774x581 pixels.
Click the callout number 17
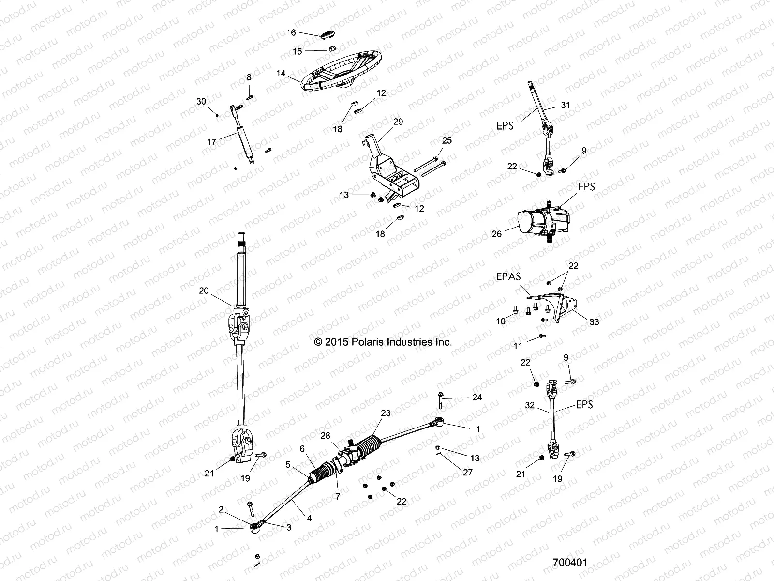click(x=211, y=142)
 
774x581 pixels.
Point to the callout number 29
click(x=398, y=122)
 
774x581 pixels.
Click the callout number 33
click(x=594, y=321)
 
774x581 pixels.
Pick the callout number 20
click(x=204, y=290)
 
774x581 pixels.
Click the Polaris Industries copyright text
click(x=383, y=342)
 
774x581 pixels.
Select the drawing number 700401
click(x=570, y=563)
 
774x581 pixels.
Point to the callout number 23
click(x=386, y=413)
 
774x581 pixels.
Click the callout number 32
click(x=530, y=405)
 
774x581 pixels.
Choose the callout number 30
click(x=201, y=101)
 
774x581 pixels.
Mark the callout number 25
click(x=447, y=140)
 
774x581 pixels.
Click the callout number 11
click(x=518, y=346)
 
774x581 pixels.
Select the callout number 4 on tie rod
click(x=309, y=518)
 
